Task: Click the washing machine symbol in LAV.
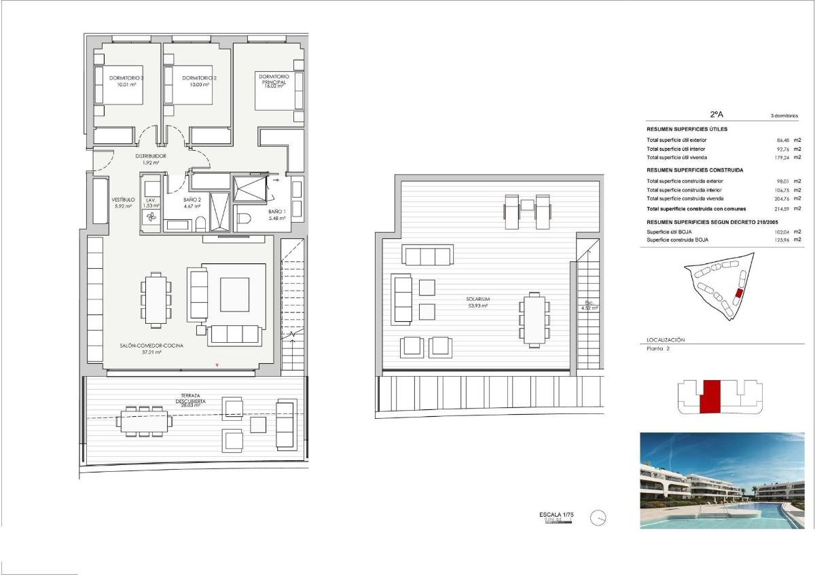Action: [x=151, y=217]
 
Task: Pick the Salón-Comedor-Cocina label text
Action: [x=151, y=345]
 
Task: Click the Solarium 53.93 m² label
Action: [x=477, y=302]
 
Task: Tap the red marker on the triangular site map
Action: [x=740, y=293]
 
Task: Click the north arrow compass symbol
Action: [x=598, y=518]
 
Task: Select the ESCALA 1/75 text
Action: [x=556, y=516]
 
